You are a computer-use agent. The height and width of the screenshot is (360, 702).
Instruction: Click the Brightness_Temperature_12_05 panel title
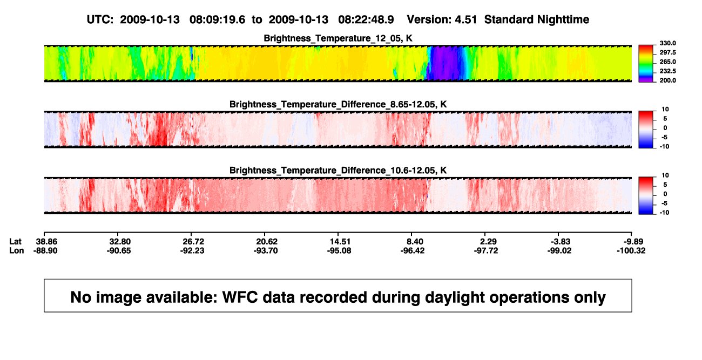[x=338, y=38]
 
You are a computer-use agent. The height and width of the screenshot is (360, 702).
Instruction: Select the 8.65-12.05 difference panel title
[x=338, y=104]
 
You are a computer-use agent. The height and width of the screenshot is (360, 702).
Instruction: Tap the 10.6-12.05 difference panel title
[x=338, y=171]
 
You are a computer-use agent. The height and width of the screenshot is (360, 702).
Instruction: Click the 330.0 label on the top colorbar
[x=667, y=43]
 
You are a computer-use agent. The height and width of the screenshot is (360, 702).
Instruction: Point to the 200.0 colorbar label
[x=667, y=80]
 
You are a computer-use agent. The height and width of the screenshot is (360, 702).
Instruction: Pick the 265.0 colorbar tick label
[x=667, y=62]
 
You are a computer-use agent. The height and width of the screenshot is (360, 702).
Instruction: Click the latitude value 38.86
[x=46, y=242]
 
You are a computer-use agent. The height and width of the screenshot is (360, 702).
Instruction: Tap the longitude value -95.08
[x=339, y=251]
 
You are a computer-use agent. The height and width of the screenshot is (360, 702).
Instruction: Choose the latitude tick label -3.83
[x=561, y=242]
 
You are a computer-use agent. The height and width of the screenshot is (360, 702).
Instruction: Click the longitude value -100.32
[x=631, y=251]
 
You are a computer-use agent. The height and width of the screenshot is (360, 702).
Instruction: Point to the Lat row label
[x=15, y=242]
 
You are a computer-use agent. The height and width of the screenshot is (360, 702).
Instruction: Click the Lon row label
[x=16, y=251]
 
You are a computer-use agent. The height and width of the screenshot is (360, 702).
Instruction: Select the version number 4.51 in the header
[x=465, y=20]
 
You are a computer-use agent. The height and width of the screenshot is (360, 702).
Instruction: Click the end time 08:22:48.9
[x=366, y=20]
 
